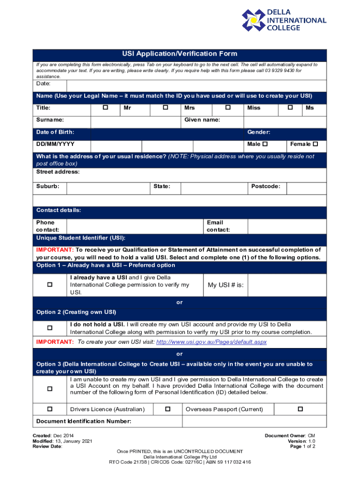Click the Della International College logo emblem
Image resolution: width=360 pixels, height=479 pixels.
[x=253, y=20]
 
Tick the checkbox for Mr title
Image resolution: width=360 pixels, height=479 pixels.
[x=105, y=108]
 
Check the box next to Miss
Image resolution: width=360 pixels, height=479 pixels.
[x=228, y=108]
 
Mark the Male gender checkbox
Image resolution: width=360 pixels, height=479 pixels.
[x=266, y=144]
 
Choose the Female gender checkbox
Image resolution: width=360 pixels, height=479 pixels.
[x=315, y=144]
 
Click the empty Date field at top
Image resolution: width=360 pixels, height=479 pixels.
[x=196, y=86]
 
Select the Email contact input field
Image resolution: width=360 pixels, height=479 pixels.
[x=287, y=226]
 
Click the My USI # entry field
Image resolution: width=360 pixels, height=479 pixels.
[x=287, y=285]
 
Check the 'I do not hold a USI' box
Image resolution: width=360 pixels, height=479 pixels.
[x=50, y=328]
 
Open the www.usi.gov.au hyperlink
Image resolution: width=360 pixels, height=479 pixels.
[x=211, y=342]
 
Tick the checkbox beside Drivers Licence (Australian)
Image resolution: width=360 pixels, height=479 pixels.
[x=50, y=409]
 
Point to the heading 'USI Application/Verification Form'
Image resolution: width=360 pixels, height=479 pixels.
[x=180, y=54]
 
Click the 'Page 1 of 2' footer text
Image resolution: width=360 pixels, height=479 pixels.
[x=302, y=447]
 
